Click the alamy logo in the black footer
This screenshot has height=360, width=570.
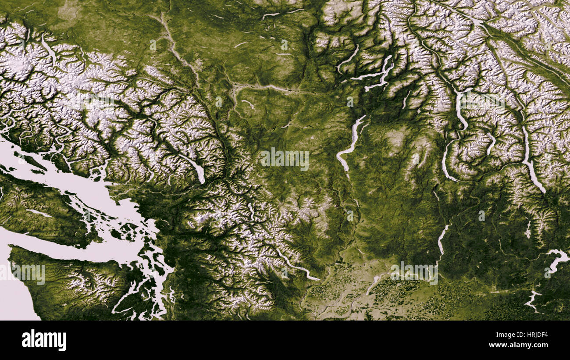(44, 340)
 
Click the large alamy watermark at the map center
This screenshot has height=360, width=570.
(285, 160)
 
